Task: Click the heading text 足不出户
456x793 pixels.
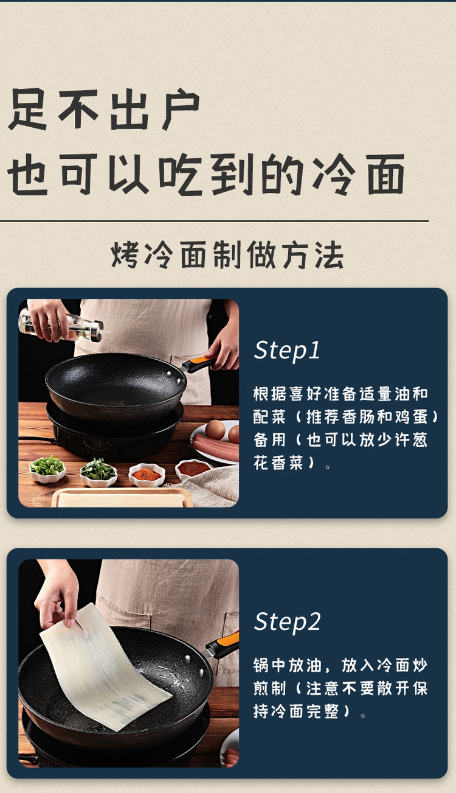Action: point(105,110)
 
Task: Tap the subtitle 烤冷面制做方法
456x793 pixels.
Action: point(227,254)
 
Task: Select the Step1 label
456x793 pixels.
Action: point(287,351)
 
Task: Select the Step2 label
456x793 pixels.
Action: point(287,622)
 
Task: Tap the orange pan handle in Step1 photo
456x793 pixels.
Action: point(199,363)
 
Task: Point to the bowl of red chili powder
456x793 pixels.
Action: point(147,474)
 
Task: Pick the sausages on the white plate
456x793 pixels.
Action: point(215,447)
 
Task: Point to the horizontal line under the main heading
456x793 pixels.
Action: point(215,222)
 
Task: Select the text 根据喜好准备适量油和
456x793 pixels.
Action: point(340,394)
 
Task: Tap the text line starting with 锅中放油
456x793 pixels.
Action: point(340,665)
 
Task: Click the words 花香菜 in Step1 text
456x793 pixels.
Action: point(278,463)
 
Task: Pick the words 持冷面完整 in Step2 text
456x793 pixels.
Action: point(297,711)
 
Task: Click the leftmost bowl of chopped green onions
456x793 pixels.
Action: point(47,469)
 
